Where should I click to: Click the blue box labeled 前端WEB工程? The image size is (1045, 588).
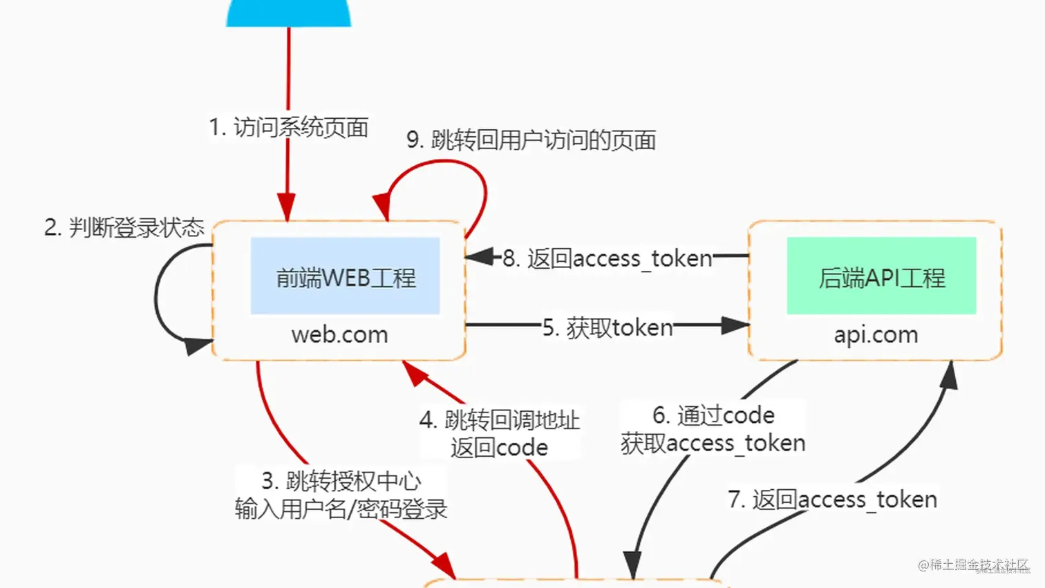pyautogui.click(x=345, y=276)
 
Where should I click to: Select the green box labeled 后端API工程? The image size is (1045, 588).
pyautogui.click(x=881, y=276)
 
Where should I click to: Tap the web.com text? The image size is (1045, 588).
pyautogui.click(x=339, y=335)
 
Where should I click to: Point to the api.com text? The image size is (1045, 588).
pyautogui.click(x=876, y=335)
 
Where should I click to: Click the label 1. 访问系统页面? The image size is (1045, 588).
pyautogui.click(x=289, y=127)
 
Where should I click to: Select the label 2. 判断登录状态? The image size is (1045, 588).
pyautogui.click(x=124, y=227)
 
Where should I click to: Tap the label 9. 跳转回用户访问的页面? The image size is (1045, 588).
pyautogui.click(x=531, y=140)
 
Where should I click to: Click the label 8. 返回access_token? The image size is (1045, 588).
pyautogui.click(x=607, y=258)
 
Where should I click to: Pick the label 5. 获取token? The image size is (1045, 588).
pyautogui.click(x=608, y=328)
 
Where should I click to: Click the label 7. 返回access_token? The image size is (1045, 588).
pyautogui.click(x=832, y=500)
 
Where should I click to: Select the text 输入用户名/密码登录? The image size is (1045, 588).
pyautogui.click(x=341, y=509)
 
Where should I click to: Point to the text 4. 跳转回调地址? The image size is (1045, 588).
pyautogui.click(x=499, y=419)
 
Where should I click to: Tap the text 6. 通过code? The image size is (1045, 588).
pyautogui.click(x=713, y=415)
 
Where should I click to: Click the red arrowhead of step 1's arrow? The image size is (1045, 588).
pyautogui.click(x=287, y=207)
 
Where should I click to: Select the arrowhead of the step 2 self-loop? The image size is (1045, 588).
pyautogui.click(x=198, y=345)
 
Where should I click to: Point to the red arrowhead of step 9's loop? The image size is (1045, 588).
pyautogui.click(x=382, y=207)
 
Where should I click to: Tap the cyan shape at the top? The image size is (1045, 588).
pyautogui.click(x=289, y=12)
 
